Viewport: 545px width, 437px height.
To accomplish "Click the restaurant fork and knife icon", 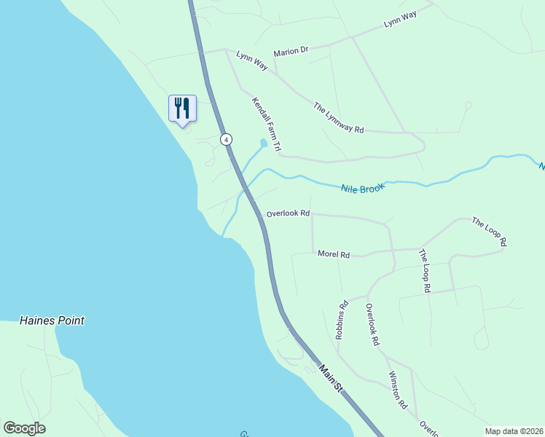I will pos(181,109).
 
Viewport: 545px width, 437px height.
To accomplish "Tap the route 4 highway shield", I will pos(227,139).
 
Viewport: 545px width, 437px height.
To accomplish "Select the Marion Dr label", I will pos(291,52).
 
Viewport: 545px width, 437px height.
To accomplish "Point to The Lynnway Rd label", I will pos(338,117).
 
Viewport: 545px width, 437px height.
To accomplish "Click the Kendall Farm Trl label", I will pos(267,125).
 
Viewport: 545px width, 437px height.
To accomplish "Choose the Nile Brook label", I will pos(362,187).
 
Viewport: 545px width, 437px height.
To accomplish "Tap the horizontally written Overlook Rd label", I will pos(288,214).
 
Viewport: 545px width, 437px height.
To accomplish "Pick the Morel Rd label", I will pos(334,254).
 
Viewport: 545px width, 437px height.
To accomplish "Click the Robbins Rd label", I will pos(340,321).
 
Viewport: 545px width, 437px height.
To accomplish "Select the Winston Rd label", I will pos(398,390).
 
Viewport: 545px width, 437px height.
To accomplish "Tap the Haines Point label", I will pos(52,320).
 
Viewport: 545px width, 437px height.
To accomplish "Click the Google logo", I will pos(24,428).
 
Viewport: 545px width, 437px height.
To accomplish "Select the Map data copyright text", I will pos(514,431).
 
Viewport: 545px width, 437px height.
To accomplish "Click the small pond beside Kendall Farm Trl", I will pos(263,143).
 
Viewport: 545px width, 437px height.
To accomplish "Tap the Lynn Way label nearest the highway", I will pos(251,61).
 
